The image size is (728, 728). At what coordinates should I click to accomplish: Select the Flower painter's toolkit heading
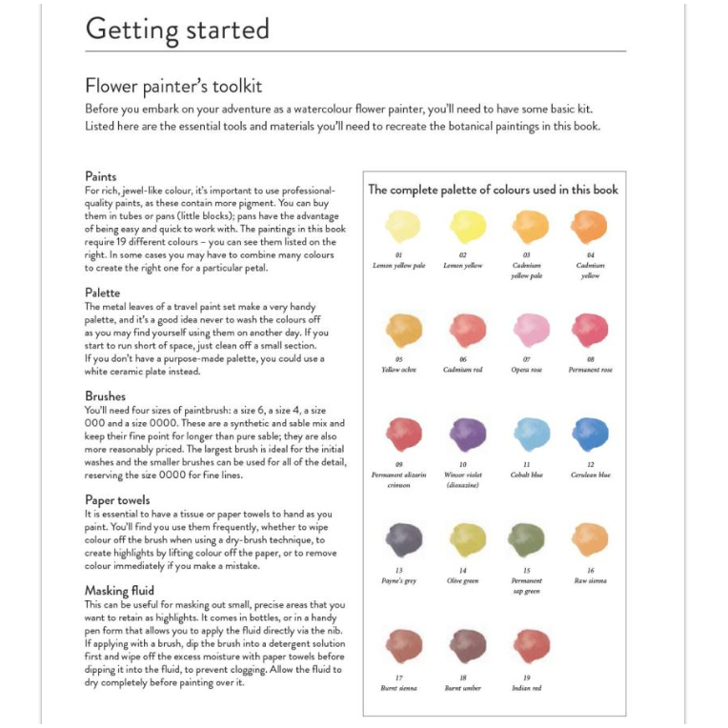[x=173, y=87]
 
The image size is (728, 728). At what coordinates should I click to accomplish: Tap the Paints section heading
[x=101, y=176]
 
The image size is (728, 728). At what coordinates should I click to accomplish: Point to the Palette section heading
[x=103, y=293]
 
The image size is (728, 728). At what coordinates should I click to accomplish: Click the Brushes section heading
[x=105, y=395]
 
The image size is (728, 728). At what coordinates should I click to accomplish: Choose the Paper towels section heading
[x=117, y=498]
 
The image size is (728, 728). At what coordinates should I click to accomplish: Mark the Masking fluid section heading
[x=120, y=591]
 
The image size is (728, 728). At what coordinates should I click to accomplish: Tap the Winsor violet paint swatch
[x=467, y=435]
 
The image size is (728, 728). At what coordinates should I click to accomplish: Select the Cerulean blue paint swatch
[x=590, y=435]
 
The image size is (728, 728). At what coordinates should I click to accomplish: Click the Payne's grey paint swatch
[x=403, y=539]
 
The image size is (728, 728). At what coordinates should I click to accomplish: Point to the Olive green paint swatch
[x=467, y=539]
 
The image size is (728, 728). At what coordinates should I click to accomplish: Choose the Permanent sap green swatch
[x=527, y=539]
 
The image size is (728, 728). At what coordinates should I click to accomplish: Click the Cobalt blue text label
[x=527, y=475]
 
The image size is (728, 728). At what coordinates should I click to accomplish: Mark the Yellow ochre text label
[x=399, y=370]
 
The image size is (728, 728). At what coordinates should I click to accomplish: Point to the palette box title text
[x=494, y=190]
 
